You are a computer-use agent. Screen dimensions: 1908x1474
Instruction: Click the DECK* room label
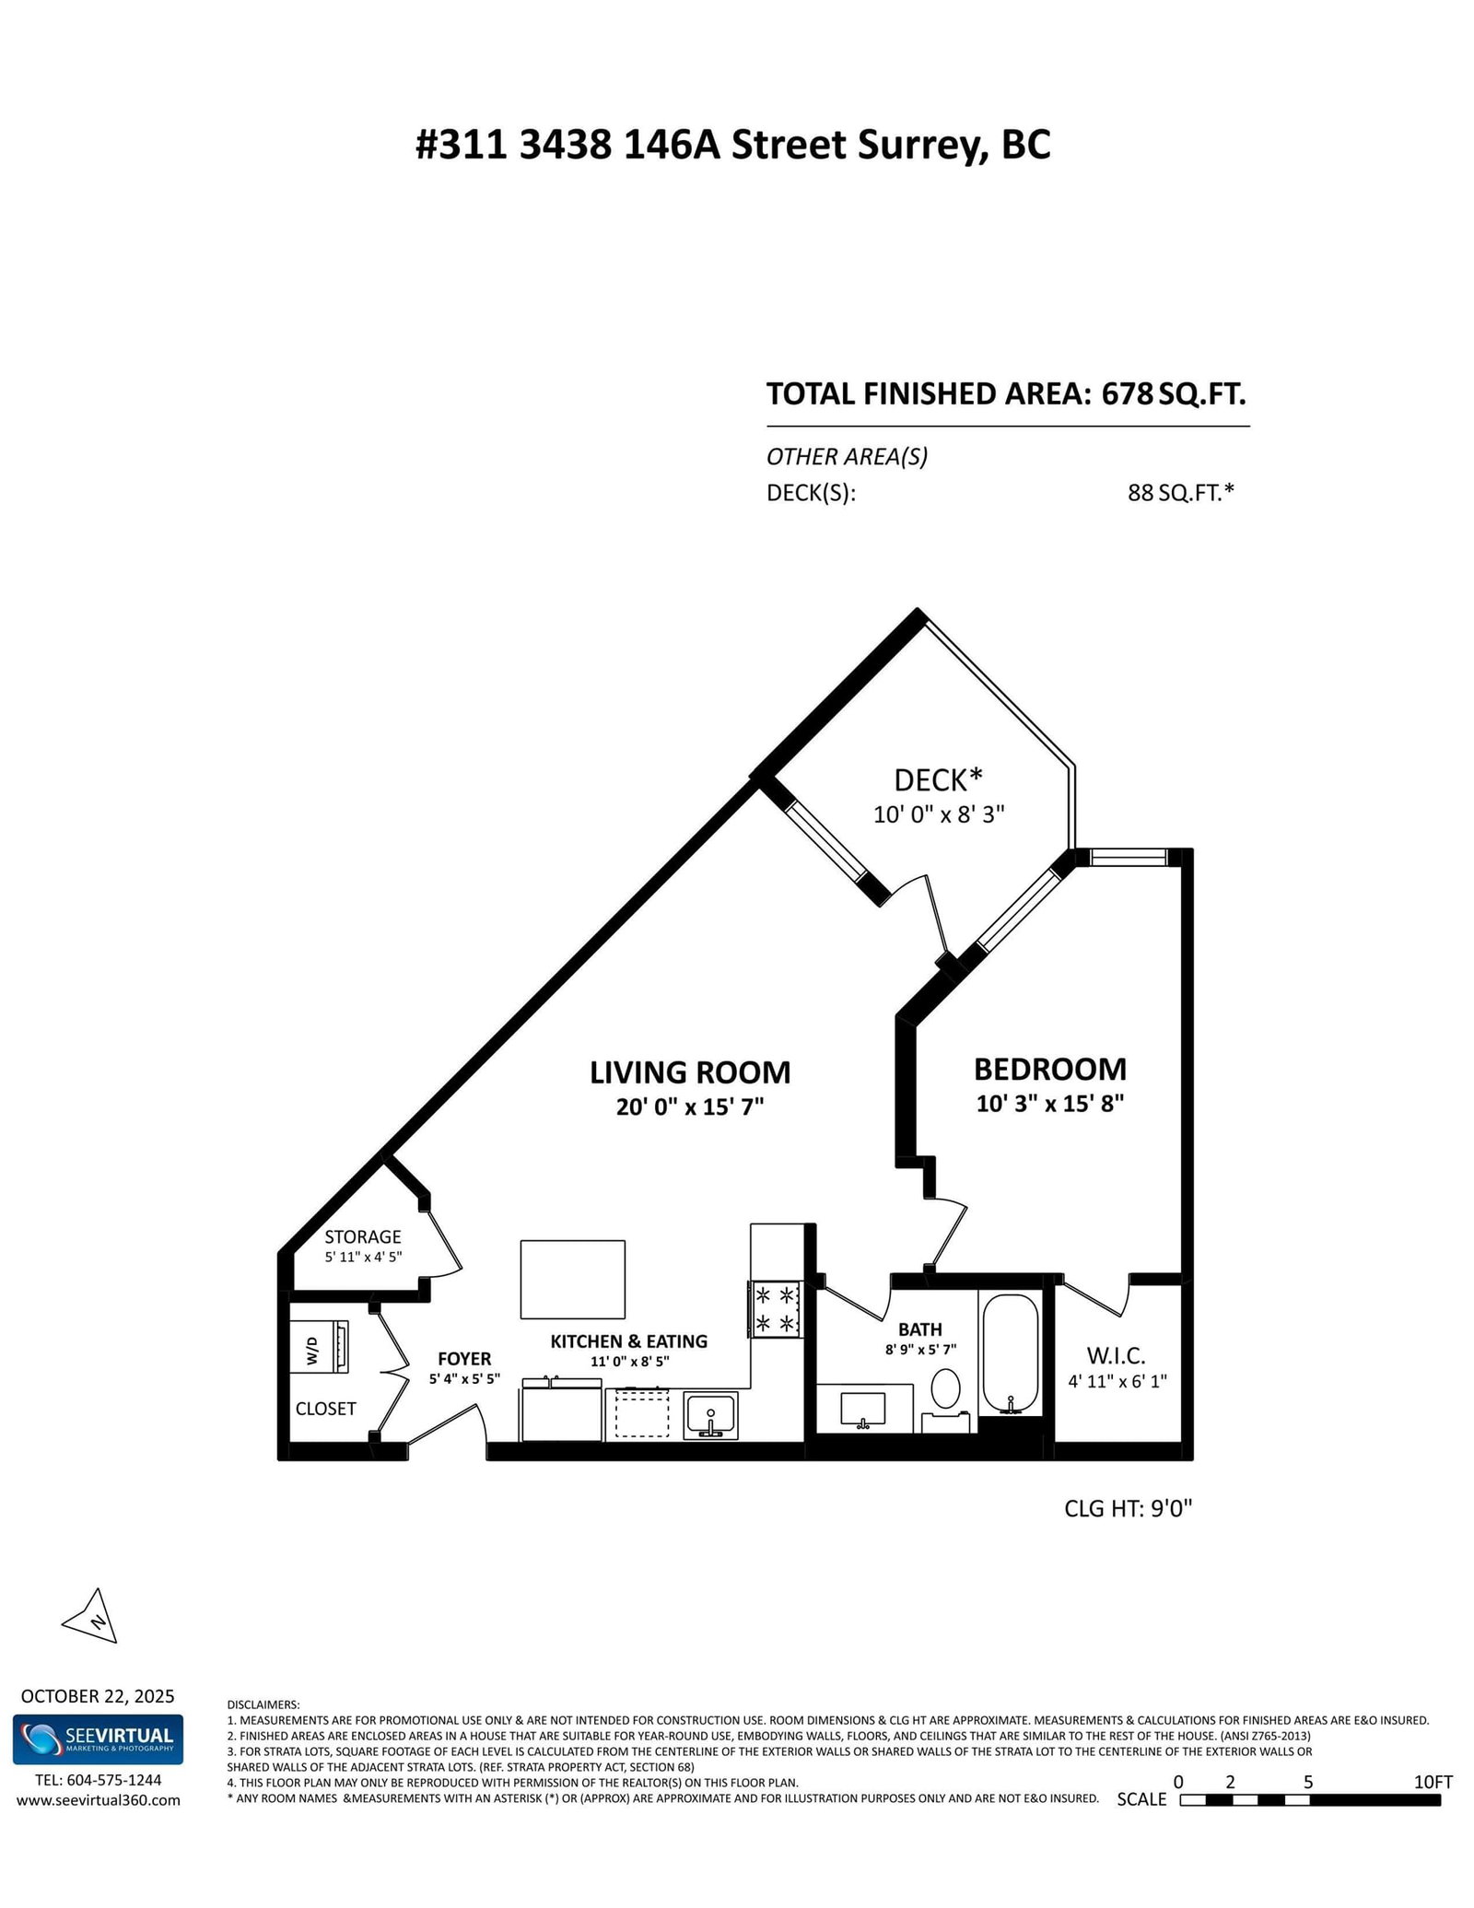tap(938, 780)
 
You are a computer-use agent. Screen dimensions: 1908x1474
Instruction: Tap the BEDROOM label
tap(1049, 1069)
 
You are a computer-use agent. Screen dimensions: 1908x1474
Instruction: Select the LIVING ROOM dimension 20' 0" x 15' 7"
tap(690, 1106)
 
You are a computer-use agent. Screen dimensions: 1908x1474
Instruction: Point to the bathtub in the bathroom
tap(1011, 1352)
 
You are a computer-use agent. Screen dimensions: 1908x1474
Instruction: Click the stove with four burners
tap(776, 1309)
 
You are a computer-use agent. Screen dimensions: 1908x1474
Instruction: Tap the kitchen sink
tap(710, 1415)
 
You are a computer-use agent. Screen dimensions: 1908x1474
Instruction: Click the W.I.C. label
tap(1116, 1356)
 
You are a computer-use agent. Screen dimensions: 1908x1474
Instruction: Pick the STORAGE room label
tap(362, 1236)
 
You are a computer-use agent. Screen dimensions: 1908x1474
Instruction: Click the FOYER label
tap(464, 1359)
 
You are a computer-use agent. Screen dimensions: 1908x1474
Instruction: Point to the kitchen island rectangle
tap(572, 1280)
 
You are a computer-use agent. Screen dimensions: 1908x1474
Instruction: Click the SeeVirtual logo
tap(98, 1739)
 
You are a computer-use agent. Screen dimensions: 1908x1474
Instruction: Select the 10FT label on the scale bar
tap(1433, 1782)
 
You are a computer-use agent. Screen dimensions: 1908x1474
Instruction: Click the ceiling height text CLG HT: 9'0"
tap(1128, 1508)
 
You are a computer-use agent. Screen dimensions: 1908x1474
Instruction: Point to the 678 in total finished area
tap(1128, 394)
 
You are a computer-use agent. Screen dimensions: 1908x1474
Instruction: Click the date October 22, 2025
tap(98, 1696)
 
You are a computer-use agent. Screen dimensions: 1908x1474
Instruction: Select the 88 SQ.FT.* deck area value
tap(1180, 493)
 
